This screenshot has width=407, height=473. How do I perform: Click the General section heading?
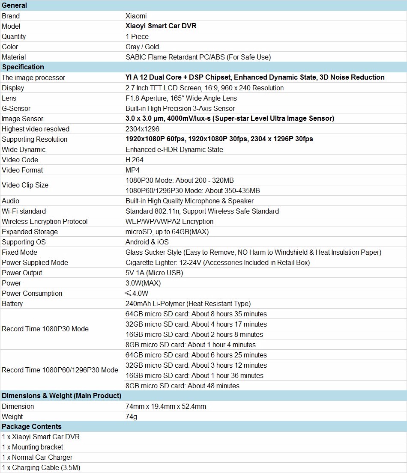pyautogui.click(x=14, y=5)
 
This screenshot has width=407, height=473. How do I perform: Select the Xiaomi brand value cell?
pyautogui.click(x=136, y=16)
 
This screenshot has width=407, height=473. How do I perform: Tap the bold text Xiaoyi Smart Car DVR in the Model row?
pyautogui.click(x=161, y=26)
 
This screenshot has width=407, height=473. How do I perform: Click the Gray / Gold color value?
pyautogui.click(x=142, y=47)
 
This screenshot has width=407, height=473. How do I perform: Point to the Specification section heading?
pyautogui.click(x=23, y=67)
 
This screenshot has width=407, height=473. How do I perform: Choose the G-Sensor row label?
pyautogui.click(x=16, y=108)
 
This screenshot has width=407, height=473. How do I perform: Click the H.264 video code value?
pyautogui.click(x=135, y=160)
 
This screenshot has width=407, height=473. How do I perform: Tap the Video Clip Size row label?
pyautogui.click(x=25, y=185)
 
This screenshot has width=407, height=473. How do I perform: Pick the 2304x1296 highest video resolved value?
pyautogui.click(x=142, y=129)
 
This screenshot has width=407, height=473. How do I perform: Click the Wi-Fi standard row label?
pyautogui.click(x=24, y=211)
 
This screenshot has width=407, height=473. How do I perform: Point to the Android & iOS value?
pyautogui.click(x=147, y=242)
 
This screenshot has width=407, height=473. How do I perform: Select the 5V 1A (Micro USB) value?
pyautogui.click(x=154, y=273)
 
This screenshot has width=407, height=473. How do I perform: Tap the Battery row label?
pyautogui.click(x=12, y=303)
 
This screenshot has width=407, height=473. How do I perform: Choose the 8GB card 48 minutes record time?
pyautogui.click(x=183, y=386)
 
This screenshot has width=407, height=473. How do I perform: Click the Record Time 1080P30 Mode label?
pyautogui.click(x=45, y=329)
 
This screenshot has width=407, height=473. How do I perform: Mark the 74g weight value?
pyautogui.click(x=131, y=416)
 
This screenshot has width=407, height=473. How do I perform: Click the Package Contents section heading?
pyautogui.click(x=31, y=426)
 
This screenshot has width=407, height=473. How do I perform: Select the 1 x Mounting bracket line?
pyautogui.click(x=32, y=447)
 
